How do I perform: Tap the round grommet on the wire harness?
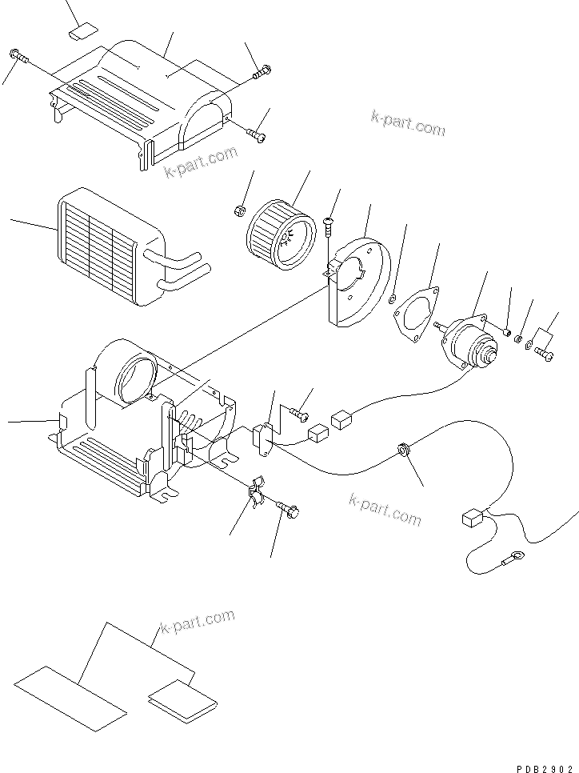pyautogui.click(x=404, y=453)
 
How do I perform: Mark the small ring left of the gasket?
pyautogui.click(x=393, y=299)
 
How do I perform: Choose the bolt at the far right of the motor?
pyautogui.click(x=544, y=353)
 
